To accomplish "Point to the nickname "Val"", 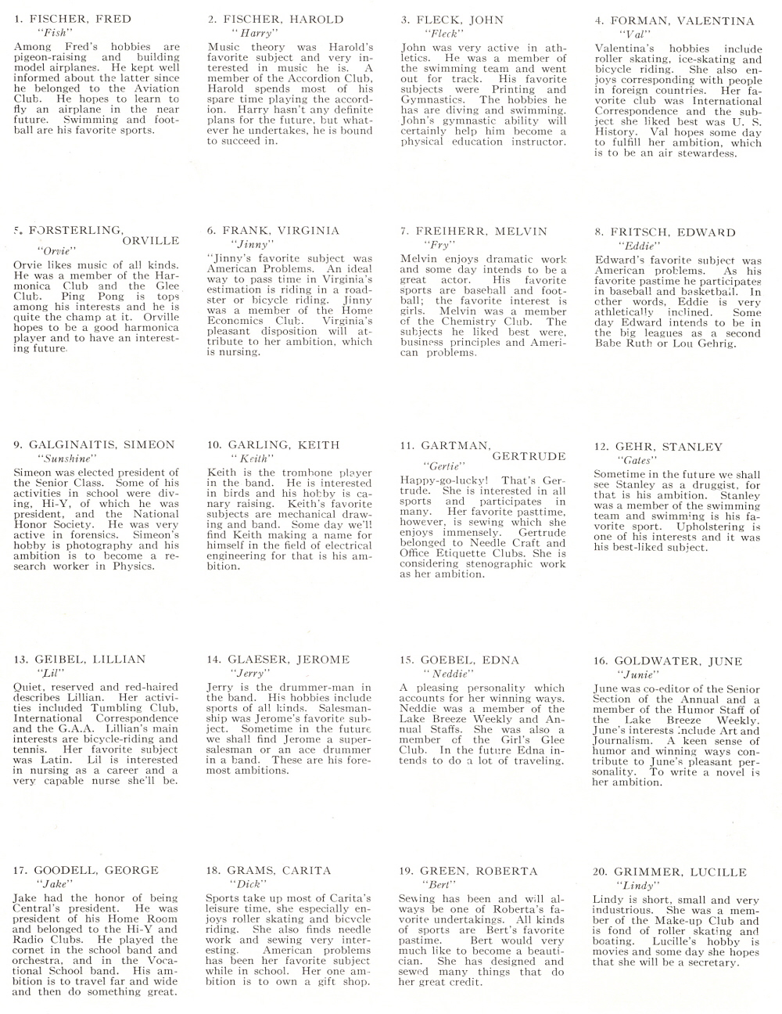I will coord(633,35).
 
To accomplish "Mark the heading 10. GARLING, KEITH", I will coord(274,445).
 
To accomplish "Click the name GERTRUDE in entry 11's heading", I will coord(529,456).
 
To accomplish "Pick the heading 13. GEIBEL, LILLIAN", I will coord(80,659).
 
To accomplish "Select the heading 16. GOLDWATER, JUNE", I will coord(668,661).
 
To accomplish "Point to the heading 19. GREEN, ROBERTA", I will coord(468,871).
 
